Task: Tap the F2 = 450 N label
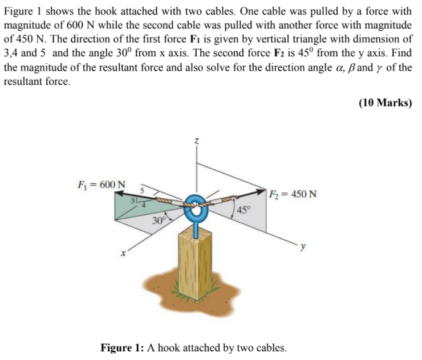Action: tap(294, 194)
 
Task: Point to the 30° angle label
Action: tap(159, 221)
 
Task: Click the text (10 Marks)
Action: tap(384, 103)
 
